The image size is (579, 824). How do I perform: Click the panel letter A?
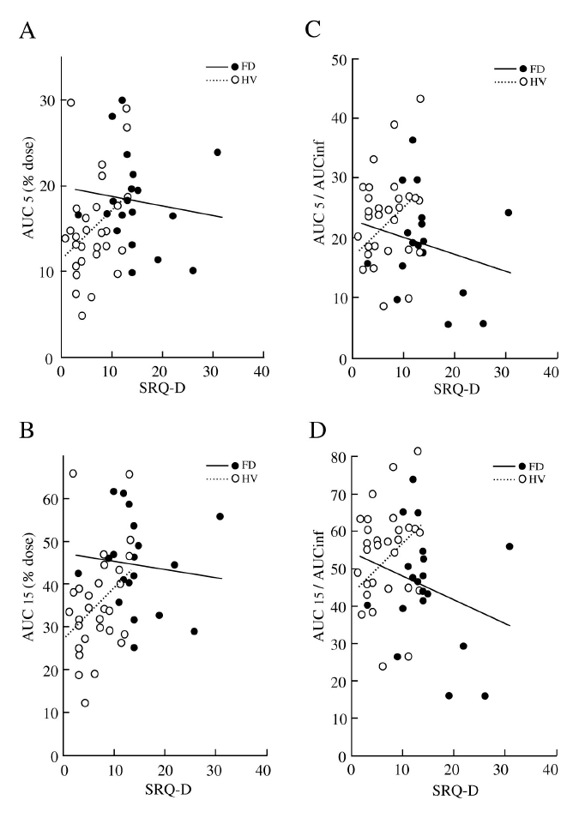point(29,32)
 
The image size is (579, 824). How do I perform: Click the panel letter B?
point(28,430)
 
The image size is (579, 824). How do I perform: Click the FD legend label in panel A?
point(249,67)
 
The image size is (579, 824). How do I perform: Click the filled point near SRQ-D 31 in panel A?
point(217,153)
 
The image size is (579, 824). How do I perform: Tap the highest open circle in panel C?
point(420,99)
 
